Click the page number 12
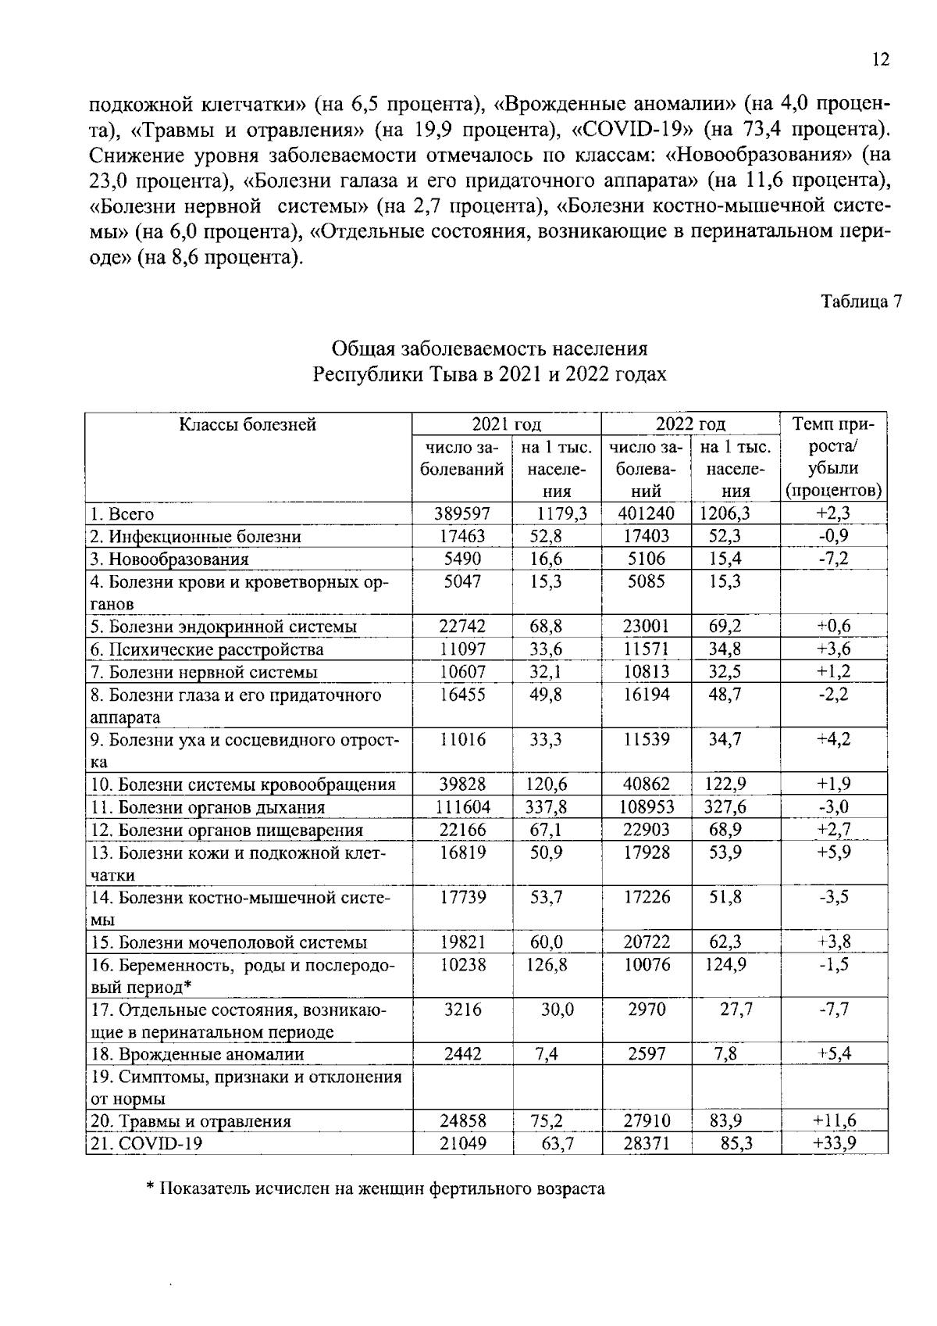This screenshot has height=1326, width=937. coord(880,60)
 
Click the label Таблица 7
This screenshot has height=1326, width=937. coord(860,302)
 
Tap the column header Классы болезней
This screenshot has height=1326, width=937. coord(248,425)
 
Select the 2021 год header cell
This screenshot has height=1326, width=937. coord(506,425)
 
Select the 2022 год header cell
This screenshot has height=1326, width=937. coord(690,425)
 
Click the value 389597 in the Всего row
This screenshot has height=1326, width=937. coord(461,514)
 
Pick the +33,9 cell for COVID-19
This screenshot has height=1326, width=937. coord(834,1144)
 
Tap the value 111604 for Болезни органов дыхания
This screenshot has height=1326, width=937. coord(461,807)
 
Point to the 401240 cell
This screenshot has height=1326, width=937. coord(646,514)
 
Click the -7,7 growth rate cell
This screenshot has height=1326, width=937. coord(834,1010)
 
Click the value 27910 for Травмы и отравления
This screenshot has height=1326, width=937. coord(646,1121)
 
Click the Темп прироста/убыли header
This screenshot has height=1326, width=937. coord(834,458)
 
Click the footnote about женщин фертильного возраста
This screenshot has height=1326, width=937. coord(376,1189)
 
